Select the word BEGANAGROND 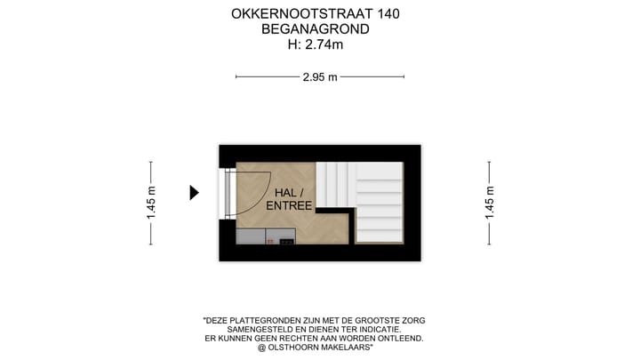(x=316, y=29)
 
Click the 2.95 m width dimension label (x=320, y=77)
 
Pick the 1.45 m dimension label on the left (x=151, y=203)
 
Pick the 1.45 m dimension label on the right (x=489, y=203)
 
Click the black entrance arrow (x=194, y=193)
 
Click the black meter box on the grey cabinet (x=286, y=239)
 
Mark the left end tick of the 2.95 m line (x=236, y=77)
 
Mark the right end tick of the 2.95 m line (x=404, y=77)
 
